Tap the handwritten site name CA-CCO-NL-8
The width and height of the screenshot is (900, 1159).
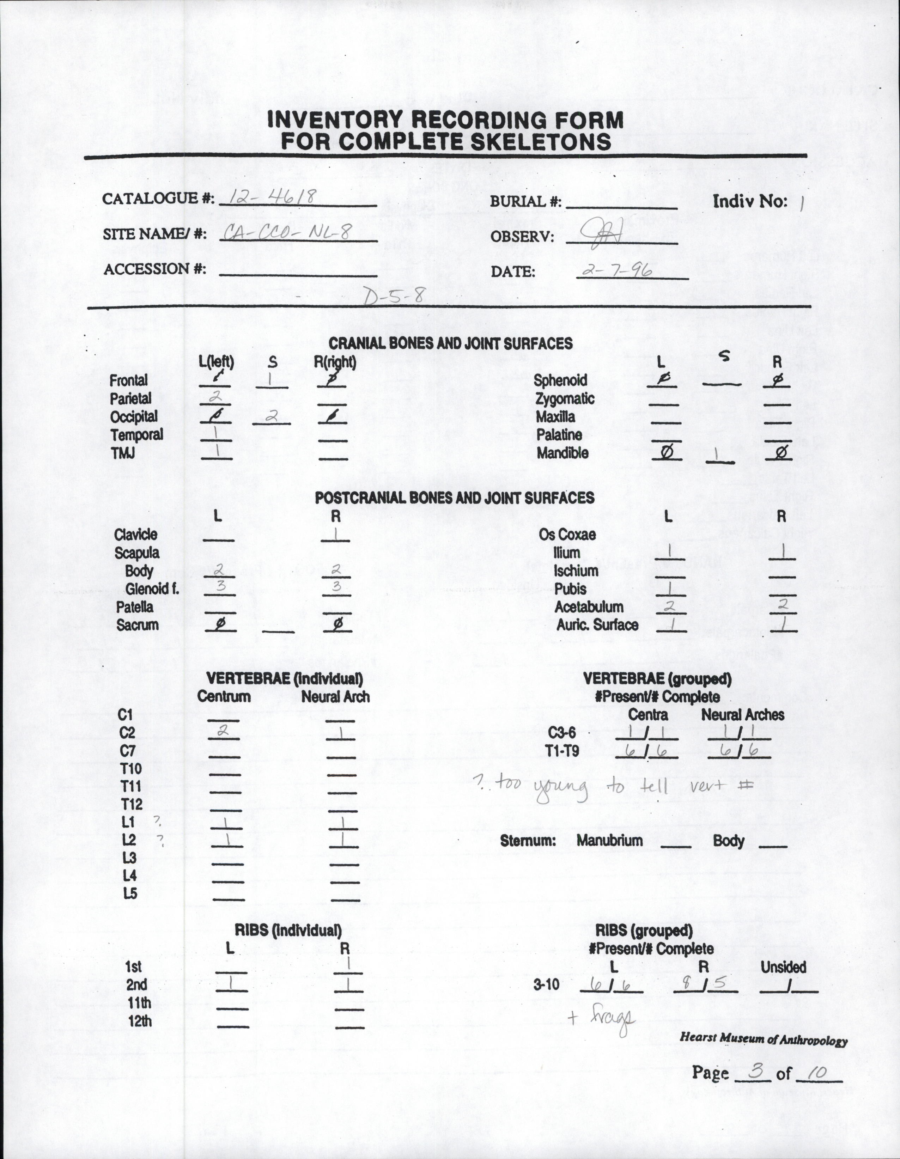(x=287, y=232)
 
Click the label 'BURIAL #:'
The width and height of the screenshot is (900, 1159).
(x=525, y=202)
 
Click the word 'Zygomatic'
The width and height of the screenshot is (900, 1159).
(x=565, y=398)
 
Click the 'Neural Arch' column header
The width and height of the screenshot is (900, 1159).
(x=335, y=697)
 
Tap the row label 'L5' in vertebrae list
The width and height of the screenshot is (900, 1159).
(x=130, y=893)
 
